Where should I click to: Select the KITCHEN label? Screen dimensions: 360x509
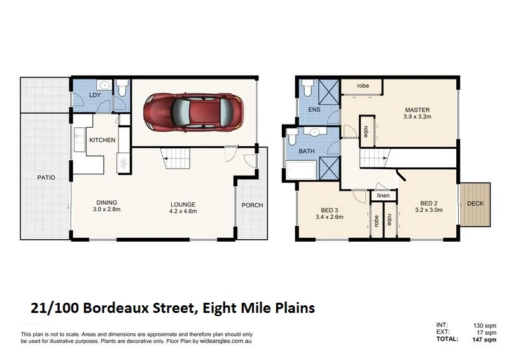[x=102, y=140]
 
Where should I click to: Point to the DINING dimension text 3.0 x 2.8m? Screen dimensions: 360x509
[x=107, y=209]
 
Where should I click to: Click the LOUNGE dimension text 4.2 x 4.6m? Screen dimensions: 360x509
[x=183, y=211]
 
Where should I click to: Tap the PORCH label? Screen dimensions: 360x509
[x=252, y=205]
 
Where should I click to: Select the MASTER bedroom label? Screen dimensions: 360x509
[x=417, y=109]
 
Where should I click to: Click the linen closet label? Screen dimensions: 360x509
[x=382, y=195]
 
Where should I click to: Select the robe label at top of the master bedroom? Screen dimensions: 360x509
[x=363, y=85]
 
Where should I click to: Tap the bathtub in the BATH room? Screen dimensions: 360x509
[x=300, y=172]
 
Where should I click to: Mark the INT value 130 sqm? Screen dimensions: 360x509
[x=484, y=326]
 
